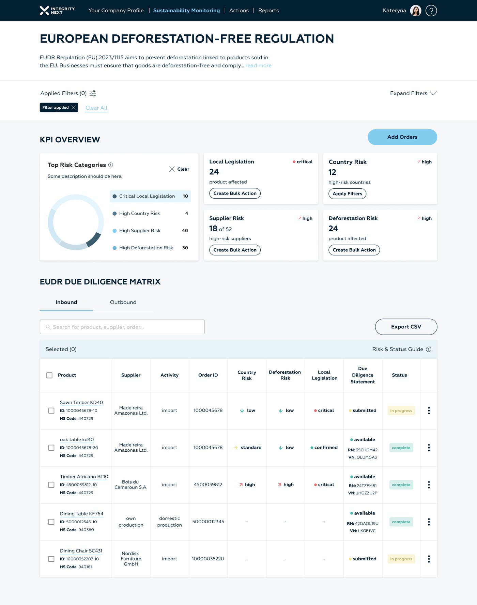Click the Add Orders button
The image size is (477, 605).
(402, 137)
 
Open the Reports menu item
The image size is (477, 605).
(268, 11)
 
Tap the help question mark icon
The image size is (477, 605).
(431, 11)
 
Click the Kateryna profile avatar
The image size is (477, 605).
(415, 11)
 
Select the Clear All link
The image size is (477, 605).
(96, 108)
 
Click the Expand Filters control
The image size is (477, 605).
(413, 93)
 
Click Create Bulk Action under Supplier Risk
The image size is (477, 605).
(235, 250)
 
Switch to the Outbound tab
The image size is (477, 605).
(123, 302)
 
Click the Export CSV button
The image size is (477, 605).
(406, 327)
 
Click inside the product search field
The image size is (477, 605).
(122, 327)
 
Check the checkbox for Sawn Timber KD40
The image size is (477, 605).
(51, 410)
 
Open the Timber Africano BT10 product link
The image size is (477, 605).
(84, 477)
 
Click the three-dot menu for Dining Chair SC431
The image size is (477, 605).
(429, 559)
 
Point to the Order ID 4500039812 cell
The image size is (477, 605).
(208, 485)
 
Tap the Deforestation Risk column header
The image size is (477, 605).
(285, 375)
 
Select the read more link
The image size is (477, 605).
(259, 65)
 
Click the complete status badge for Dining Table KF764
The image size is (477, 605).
(401, 522)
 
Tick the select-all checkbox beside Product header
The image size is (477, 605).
(49, 375)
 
